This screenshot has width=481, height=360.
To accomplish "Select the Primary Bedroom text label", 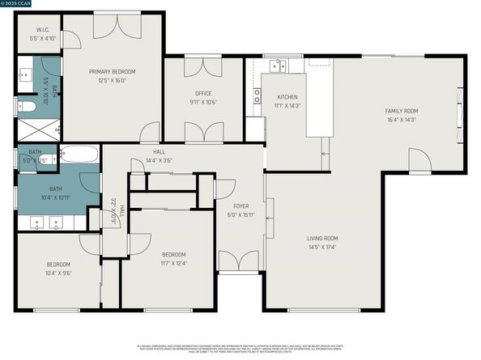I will tap(112, 72).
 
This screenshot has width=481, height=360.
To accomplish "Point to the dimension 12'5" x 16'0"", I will tap(112, 80).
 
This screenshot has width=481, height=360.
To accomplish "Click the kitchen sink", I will tap(279, 65).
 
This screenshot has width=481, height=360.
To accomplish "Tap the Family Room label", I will tap(402, 111).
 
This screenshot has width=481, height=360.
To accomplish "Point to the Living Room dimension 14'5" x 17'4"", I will tap(321, 246).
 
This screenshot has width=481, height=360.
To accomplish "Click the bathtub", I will tap(80, 154).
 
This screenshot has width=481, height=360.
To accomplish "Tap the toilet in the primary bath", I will tap(26, 105).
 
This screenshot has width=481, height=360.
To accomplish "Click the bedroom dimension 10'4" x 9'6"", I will tap(57, 273).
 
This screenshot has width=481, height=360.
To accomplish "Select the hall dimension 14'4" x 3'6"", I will tap(159, 160).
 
